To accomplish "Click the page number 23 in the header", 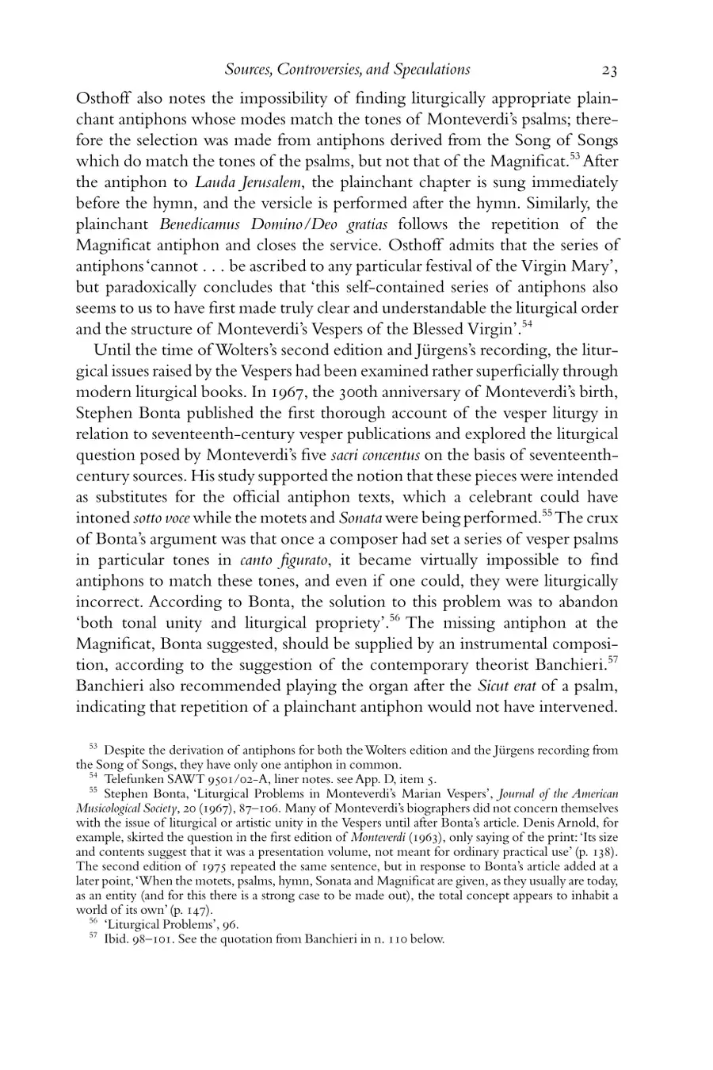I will pos(608,70).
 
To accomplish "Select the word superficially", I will pos(490,372).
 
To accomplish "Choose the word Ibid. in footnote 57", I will pos(118,939).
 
